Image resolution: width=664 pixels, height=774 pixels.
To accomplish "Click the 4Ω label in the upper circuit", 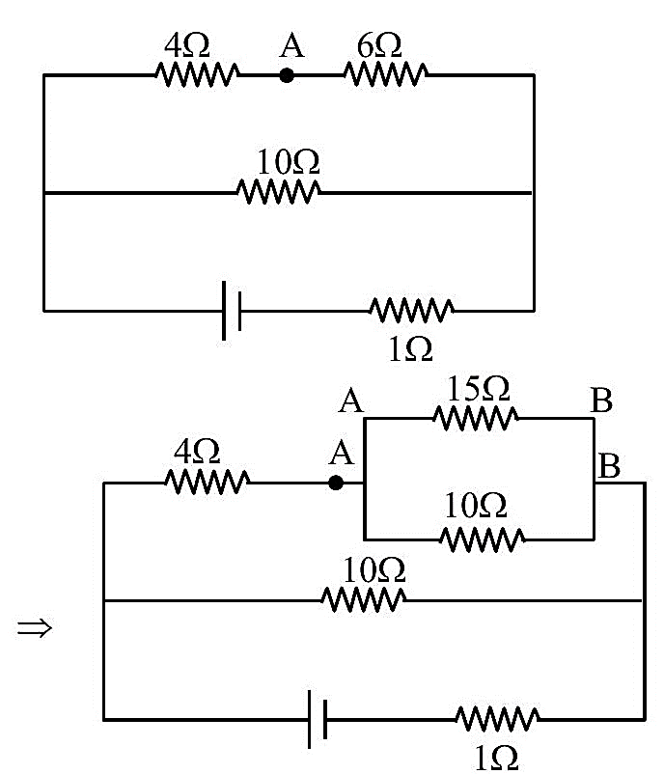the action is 186,46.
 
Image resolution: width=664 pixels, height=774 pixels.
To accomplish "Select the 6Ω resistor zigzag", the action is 386,74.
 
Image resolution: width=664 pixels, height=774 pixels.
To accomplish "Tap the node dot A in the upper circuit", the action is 287,75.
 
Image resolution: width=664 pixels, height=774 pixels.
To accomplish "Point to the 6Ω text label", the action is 379,46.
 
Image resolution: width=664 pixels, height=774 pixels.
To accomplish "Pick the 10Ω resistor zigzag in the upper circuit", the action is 278,191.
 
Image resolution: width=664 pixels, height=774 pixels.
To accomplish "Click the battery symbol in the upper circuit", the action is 232,311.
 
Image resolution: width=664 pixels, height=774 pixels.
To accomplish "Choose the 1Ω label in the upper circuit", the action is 411,349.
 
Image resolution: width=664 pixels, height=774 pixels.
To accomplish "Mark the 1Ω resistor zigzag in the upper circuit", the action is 412,311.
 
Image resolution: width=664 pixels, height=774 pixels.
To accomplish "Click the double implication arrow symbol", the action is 35,628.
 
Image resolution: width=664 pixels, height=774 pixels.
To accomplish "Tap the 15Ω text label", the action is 478,389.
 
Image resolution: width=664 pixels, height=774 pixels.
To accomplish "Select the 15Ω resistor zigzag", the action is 476,418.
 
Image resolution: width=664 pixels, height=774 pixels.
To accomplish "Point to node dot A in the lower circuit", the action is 336,483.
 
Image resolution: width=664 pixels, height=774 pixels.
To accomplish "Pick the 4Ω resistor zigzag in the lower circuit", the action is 207,482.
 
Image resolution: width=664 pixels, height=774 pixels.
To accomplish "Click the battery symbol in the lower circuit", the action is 318,719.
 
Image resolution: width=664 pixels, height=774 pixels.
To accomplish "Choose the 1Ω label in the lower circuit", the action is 496,759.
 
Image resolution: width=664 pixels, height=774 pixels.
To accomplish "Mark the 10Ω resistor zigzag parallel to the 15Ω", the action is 483,539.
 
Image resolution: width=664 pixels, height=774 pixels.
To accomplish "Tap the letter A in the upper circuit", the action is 291,45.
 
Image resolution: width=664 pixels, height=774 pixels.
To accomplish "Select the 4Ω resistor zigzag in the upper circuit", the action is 198,74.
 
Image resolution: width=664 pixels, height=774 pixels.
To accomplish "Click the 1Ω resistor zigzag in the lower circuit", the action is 497,719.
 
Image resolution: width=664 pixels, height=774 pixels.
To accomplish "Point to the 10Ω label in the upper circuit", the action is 289,162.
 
